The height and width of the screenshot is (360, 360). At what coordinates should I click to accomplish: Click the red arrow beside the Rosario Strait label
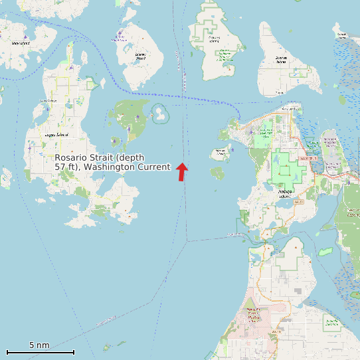(x=182, y=171)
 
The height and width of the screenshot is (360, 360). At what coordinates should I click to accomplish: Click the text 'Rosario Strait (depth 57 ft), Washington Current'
(x=112, y=162)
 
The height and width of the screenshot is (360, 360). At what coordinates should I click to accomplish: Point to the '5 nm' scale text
(x=40, y=345)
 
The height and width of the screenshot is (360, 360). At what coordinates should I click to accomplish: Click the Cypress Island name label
(x=214, y=38)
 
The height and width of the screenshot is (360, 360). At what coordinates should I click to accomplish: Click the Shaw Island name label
(x=20, y=43)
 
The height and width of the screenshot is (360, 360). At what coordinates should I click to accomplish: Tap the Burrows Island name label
(x=221, y=151)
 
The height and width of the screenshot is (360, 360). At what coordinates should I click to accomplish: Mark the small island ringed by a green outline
(x=160, y=114)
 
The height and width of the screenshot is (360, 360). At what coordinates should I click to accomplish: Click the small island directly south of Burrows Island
(x=217, y=173)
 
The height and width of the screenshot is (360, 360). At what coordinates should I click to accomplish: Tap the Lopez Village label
(x=48, y=101)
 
